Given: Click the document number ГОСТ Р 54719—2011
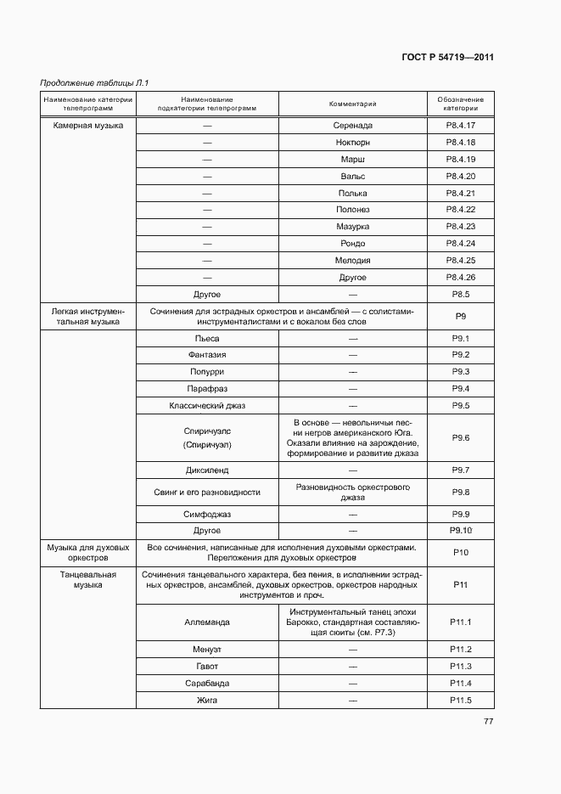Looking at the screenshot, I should [446, 58].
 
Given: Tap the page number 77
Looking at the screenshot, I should [488, 722].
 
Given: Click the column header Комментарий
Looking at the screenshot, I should [352, 104].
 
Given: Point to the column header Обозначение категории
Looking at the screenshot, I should [461, 104].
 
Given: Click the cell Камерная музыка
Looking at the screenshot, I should [87, 126].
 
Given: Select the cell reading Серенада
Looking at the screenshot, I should [352, 126].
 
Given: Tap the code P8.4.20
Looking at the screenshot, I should [461, 176].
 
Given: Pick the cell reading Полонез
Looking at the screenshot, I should [352, 210].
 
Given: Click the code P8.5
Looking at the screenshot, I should [461, 294].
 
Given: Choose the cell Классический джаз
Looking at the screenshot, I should [206, 406].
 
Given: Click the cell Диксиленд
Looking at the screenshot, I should [206, 470].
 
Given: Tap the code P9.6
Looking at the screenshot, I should [461, 437].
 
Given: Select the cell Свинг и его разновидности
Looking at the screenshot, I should [206, 493].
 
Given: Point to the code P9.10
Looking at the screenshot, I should [461, 531].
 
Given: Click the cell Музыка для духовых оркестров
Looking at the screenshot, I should [87, 553].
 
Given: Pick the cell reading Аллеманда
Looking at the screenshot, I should [206, 622].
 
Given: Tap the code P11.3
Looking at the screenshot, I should [461, 666].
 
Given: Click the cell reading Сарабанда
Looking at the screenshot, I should [206, 683].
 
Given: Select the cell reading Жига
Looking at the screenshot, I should [206, 700].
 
